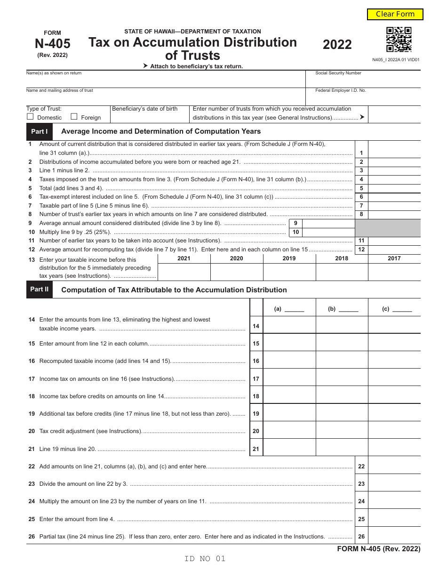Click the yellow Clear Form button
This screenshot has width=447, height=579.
(x=395, y=14)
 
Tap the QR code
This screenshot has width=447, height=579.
(x=399, y=40)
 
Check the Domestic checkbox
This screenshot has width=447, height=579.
(x=30, y=117)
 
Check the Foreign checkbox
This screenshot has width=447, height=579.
(x=74, y=117)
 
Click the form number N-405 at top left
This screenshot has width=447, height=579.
(x=52, y=44)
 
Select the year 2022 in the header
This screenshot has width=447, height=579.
(x=337, y=45)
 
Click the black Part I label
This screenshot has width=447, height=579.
(x=40, y=132)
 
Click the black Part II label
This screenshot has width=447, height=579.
(x=40, y=289)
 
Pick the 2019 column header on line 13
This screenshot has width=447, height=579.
(x=289, y=258)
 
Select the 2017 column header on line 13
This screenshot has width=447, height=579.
(x=394, y=258)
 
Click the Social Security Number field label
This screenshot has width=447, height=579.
(x=338, y=73)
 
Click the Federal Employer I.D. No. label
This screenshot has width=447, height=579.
(x=340, y=90)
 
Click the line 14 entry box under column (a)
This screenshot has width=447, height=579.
(x=289, y=325)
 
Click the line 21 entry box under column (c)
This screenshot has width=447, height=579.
(x=394, y=448)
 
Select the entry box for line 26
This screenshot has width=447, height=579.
(x=394, y=536)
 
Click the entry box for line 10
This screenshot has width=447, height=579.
(x=328, y=232)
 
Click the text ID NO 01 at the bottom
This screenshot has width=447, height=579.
(x=205, y=559)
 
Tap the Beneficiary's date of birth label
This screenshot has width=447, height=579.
(x=145, y=109)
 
